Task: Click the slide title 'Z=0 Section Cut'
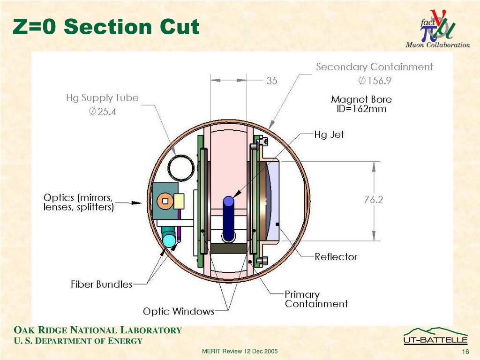coord(106,27)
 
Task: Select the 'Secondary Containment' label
coord(374,67)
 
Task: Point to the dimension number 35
coord(272,81)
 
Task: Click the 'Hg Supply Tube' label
coord(102,98)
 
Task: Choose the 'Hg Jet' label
coord(329,135)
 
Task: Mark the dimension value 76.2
coord(374,200)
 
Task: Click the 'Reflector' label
coord(336,257)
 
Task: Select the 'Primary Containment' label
coord(316,299)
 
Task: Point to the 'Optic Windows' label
coord(179,311)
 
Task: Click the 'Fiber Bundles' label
coord(102,284)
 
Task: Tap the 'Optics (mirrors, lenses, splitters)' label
coord(79,202)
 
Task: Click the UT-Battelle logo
coord(435,337)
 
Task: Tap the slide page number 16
coord(465,352)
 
